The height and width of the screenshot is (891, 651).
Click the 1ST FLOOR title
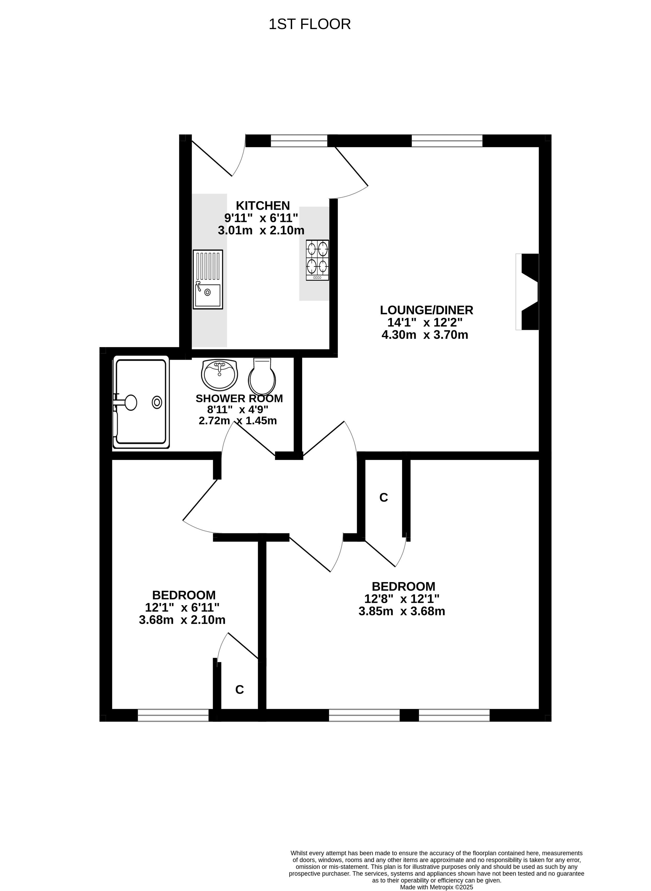coord(309,24)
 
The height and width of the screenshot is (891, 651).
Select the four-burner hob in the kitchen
coord(318,260)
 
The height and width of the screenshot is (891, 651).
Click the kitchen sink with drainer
coord(208,279)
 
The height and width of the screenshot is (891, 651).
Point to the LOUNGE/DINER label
coord(426,310)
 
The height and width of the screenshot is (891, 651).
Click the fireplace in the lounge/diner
coord(527,292)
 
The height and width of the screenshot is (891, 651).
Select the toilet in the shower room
coord(262,376)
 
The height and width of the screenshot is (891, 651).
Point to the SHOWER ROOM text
coord(239,398)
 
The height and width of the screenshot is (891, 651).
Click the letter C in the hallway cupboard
coord(383,498)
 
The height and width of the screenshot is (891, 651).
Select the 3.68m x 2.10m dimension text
coord(182,620)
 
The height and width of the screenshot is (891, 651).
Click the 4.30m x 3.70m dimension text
coord(425,335)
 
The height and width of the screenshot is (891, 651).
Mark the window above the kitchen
coord(299,141)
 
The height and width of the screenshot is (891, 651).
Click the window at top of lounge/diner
coord(447,141)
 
